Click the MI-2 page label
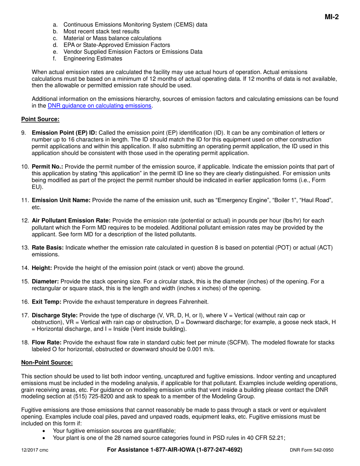(332, 17)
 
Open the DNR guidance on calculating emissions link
(100, 106)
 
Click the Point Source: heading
(40, 119)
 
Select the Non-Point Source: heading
(47, 363)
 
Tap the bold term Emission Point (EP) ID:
(64, 133)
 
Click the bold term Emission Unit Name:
(61, 200)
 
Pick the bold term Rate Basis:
(48, 248)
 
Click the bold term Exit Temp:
(47, 302)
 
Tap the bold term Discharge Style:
(55, 315)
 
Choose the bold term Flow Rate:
(47, 342)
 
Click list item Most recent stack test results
(101, 31)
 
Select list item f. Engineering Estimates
(92, 58)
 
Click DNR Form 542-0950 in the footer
(312, 450)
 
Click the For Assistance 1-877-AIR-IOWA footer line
(175, 450)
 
